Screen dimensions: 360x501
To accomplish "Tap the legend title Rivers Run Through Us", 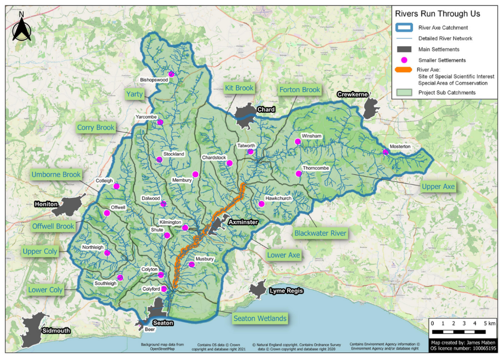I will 437,13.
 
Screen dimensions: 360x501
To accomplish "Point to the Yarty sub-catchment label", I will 134,94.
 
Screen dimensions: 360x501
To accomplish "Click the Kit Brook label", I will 239,88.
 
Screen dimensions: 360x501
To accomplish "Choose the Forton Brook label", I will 300,90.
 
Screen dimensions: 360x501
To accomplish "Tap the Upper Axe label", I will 438,186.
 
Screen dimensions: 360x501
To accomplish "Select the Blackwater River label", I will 320,233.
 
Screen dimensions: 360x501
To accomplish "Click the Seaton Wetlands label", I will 260,318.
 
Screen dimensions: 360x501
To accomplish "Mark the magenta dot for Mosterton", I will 385,152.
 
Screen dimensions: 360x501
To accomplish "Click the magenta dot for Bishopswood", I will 171,74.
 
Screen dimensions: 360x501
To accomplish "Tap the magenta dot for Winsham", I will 298,142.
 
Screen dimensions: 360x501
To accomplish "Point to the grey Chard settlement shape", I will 246,115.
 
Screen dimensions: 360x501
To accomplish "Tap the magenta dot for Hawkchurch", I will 261,204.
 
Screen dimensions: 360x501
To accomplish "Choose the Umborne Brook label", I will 56,174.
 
